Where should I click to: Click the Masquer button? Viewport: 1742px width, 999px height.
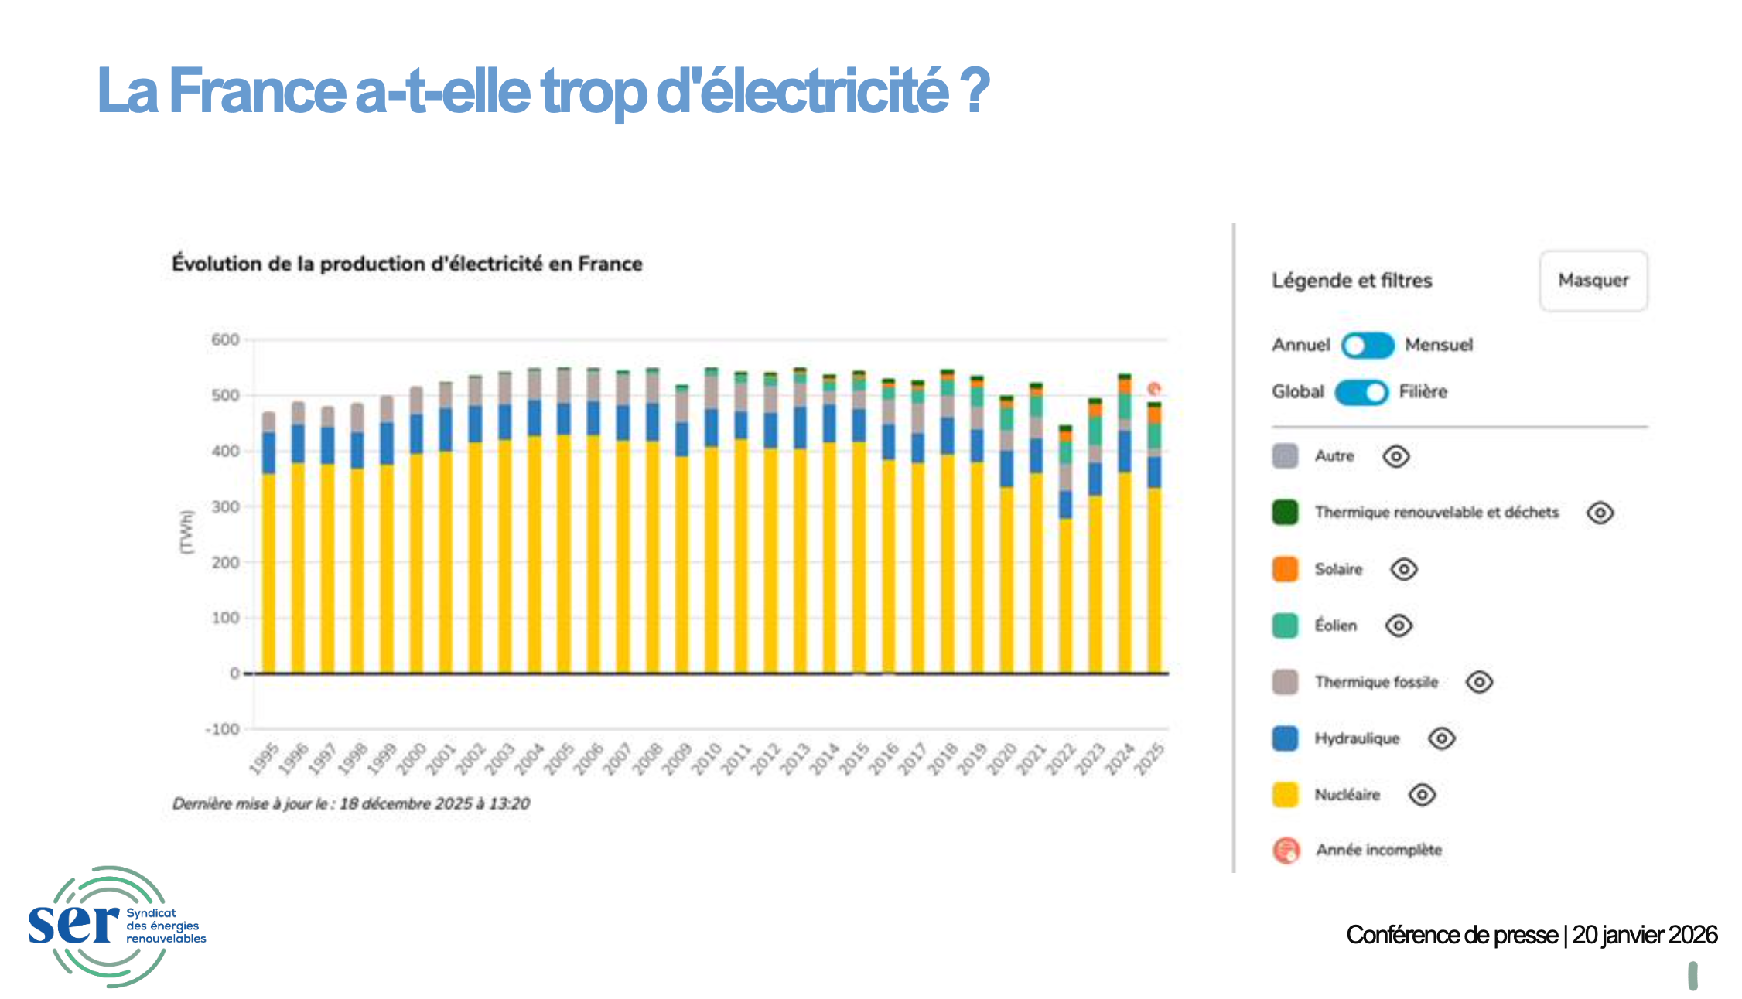coord(1593,281)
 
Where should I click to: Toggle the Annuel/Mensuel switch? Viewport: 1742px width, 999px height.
coord(1367,345)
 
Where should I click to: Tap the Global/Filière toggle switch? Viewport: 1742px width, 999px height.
coord(1361,392)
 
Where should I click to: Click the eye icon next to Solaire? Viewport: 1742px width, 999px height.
coord(1403,570)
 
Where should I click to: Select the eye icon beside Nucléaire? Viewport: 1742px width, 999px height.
coord(1422,795)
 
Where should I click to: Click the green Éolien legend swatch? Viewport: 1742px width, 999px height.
coord(1285,626)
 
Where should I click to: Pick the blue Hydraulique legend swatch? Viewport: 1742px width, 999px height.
coord(1285,738)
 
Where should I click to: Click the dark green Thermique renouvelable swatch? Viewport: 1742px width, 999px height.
coord(1285,513)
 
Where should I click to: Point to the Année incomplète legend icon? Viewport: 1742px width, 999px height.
coord(1286,851)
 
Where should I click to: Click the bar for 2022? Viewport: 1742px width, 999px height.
coord(1065,549)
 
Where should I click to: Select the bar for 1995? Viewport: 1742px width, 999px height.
coord(268,541)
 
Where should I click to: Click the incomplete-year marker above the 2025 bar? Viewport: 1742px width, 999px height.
coord(1154,389)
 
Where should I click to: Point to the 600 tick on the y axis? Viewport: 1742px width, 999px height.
coord(225,339)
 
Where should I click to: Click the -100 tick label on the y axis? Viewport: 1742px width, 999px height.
coord(223,729)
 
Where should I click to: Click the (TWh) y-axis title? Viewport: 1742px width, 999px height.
coord(186,531)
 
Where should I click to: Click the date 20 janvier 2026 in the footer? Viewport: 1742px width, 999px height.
coord(1645,935)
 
